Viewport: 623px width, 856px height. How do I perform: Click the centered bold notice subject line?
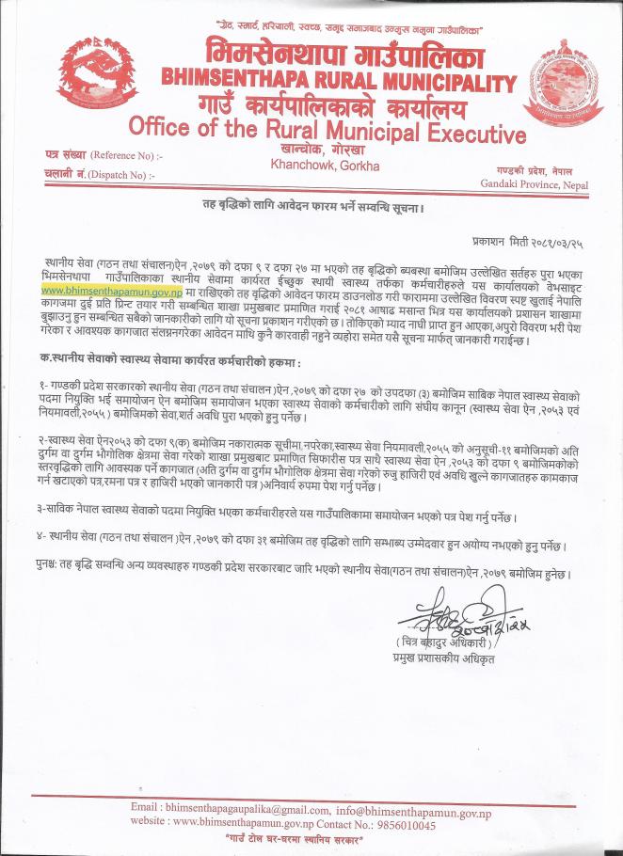[311, 206]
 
